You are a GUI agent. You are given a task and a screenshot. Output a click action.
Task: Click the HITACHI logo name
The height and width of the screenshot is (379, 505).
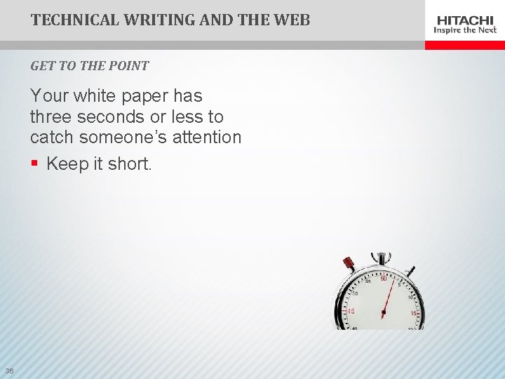coord(465,20)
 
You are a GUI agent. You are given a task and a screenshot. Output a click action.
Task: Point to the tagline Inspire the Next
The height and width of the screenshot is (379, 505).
coord(465,30)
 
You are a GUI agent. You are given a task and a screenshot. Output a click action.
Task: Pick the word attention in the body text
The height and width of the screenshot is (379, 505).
coord(209,137)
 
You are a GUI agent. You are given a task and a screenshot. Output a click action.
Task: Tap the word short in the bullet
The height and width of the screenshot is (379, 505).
coord(130,164)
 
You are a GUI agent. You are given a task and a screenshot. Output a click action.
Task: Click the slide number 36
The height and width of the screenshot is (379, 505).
coord(9,371)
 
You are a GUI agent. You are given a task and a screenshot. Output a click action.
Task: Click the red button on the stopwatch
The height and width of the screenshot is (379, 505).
coord(349,263)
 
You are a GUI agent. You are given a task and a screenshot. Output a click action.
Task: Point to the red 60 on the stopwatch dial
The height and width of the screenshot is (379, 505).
coord(384,279)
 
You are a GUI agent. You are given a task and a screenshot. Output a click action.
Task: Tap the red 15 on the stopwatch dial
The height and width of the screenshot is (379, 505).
coord(415,313)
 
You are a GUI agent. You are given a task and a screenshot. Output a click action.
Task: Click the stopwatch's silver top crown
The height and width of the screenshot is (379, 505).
coord(381,258)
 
